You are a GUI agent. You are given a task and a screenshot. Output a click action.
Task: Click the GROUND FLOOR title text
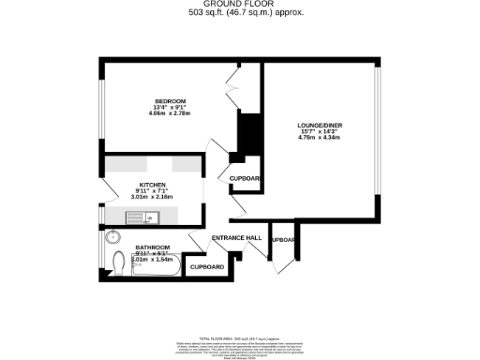pyautogui.click(x=239, y=5)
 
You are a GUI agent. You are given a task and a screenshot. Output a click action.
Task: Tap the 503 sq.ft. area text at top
pyautogui.click(x=239, y=14)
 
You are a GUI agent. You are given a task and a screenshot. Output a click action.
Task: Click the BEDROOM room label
pyautogui.click(x=171, y=100)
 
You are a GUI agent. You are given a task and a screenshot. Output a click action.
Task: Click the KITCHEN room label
pyautogui.click(x=153, y=185)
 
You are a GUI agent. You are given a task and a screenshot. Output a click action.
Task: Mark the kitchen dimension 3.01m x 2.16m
pyautogui.click(x=153, y=198)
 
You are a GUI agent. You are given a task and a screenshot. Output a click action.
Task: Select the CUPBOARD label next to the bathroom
pyautogui.click(x=207, y=267)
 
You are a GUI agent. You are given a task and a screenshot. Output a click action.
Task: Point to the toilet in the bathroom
pyautogui.click(x=118, y=263)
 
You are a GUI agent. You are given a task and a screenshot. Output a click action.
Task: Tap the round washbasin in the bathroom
pyautogui.click(x=112, y=236)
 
